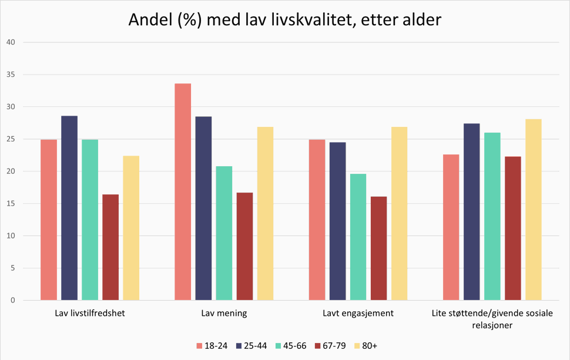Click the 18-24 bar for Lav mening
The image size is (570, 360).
tap(183, 192)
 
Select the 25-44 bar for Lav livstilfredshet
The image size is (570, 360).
tap(69, 208)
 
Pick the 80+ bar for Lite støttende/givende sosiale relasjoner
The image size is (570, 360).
tap(533, 210)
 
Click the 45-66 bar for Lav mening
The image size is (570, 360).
tap(224, 233)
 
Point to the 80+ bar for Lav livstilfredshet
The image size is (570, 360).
tap(131, 228)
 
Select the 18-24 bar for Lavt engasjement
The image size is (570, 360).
tap(317, 220)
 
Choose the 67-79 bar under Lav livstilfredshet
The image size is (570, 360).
tap(110, 247)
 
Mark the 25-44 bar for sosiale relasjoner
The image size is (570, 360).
tap(471, 212)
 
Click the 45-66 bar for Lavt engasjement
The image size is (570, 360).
tap(358, 237)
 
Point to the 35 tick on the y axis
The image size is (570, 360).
tap(11, 75)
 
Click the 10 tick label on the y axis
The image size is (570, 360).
tap(11, 236)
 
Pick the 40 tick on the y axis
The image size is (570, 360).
tap(11, 42)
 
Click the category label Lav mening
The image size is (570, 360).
tap(224, 314)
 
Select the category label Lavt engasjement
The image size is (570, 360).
tap(358, 314)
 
